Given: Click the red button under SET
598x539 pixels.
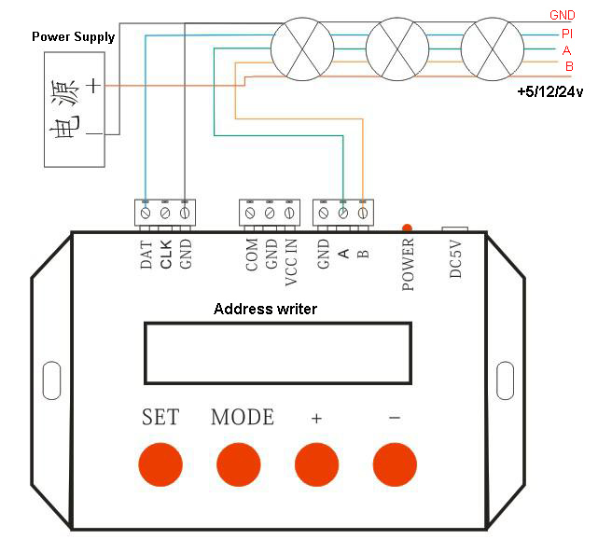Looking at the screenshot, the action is pyautogui.click(x=160, y=464).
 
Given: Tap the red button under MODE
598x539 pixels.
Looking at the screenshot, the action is pyautogui.click(x=239, y=464).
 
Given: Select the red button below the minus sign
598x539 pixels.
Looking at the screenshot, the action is pyautogui.click(x=395, y=464).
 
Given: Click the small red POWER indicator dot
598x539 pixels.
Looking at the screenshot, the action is pyautogui.click(x=407, y=228).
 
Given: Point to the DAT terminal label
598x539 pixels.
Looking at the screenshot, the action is pyautogui.click(x=146, y=255).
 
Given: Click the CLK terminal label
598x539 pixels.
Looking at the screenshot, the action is pyautogui.click(x=166, y=254).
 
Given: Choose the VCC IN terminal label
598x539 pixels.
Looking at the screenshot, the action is pyautogui.click(x=291, y=262).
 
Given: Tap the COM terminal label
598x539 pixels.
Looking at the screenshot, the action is pyautogui.click(x=252, y=255).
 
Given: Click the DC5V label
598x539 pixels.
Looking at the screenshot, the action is pyautogui.click(x=455, y=259).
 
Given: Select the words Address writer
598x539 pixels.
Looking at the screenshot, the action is pyautogui.click(x=265, y=309).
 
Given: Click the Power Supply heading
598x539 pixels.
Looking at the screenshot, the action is pyautogui.click(x=73, y=37).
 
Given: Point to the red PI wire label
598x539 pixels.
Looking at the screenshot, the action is pyautogui.click(x=567, y=34).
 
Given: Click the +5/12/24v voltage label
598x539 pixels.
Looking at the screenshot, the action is pyautogui.click(x=549, y=92).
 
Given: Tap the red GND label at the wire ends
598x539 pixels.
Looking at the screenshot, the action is pyautogui.click(x=563, y=15).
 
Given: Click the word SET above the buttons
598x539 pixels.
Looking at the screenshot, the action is pyautogui.click(x=160, y=417).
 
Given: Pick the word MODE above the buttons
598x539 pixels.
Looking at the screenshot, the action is pyautogui.click(x=243, y=417).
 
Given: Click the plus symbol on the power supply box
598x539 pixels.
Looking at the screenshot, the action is pyautogui.click(x=93, y=86).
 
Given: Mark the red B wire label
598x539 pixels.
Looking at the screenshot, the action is pyautogui.click(x=569, y=66).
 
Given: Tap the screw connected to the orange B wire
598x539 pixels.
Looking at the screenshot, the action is pyautogui.click(x=363, y=213).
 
